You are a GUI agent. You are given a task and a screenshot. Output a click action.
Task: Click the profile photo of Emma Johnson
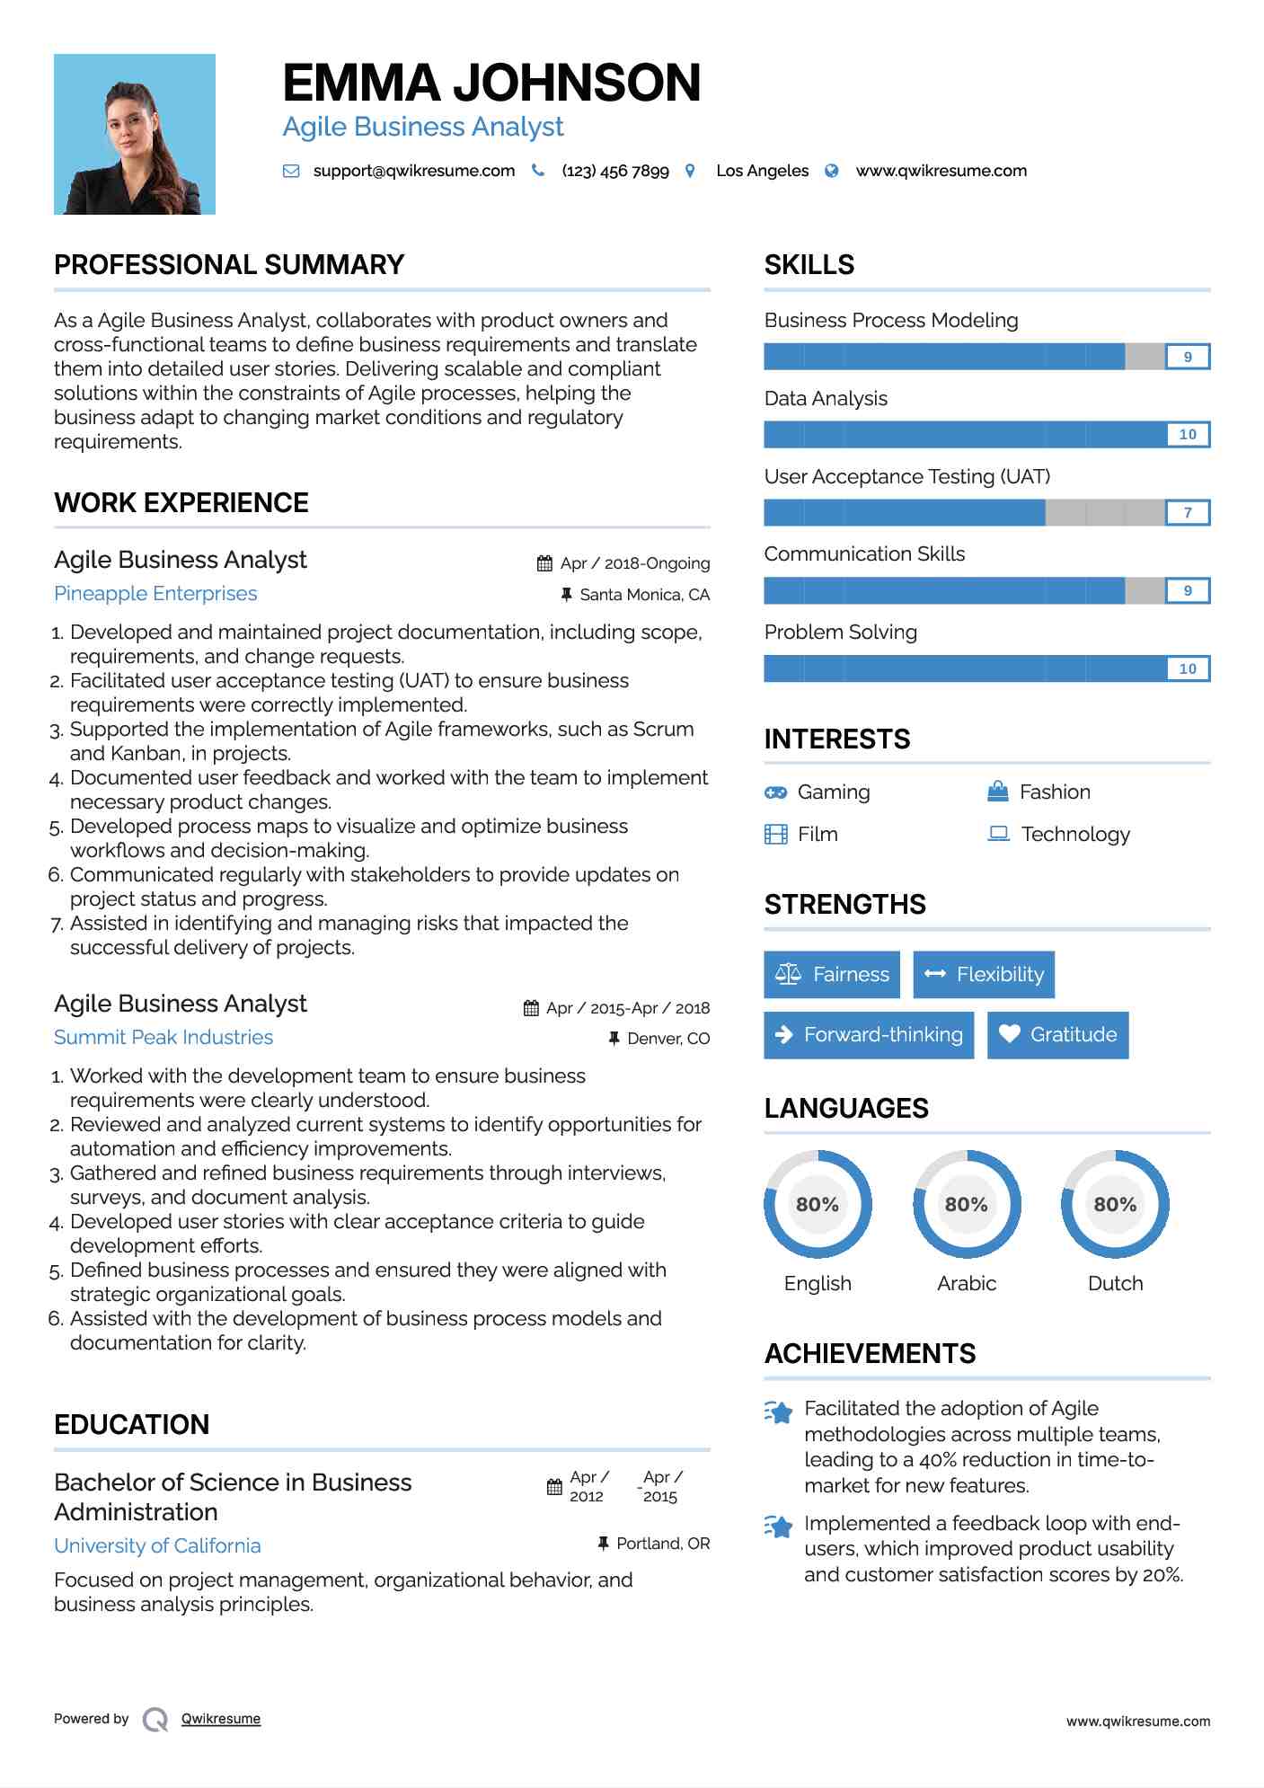[x=135, y=135]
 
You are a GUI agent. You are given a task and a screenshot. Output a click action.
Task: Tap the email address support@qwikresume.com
[x=413, y=171]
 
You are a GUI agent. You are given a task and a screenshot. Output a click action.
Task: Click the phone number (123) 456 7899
[x=615, y=171]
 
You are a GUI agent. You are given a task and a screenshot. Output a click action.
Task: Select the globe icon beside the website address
[x=832, y=171]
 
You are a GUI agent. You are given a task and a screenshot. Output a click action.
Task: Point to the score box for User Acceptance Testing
[x=1187, y=513]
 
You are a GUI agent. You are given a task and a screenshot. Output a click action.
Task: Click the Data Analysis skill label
[x=826, y=399]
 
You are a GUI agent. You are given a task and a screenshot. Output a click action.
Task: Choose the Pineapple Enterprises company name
[x=155, y=594]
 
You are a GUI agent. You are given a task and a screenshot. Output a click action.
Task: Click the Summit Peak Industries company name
[x=164, y=1038]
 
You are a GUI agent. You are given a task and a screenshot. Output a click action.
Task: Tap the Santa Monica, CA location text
[x=644, y=595]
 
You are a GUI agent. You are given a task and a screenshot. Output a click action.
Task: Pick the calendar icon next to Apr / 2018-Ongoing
[x=544, y=563]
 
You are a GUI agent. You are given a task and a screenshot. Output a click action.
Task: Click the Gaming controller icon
[x=775, y=792]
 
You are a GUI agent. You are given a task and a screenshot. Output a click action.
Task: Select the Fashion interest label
[x=1055, y=792]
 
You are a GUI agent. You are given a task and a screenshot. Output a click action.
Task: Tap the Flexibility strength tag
[x=984, y=975]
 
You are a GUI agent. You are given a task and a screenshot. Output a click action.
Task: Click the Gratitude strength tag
[x=1057, y=1035]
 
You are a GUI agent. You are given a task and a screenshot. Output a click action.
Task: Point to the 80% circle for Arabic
[x=967, y=1204]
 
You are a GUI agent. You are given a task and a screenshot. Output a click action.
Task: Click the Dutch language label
[x=1115, y=1284]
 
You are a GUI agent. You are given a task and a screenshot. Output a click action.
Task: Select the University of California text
[x=157, y=1546]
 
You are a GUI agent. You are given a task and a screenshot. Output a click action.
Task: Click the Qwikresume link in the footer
[x=221, y=1719]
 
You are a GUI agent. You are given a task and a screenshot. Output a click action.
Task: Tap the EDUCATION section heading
[x=131, y=1425]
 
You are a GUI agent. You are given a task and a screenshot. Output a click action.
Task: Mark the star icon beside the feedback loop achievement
[x=778, y=1527]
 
